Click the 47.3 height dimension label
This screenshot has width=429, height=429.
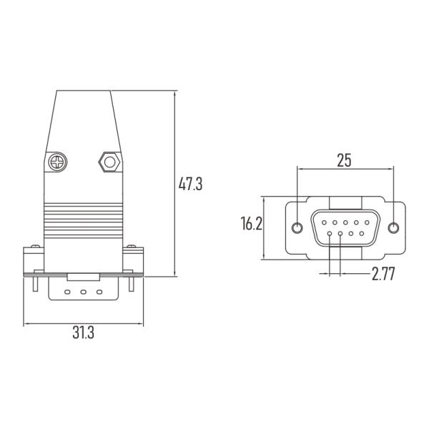(190, 184)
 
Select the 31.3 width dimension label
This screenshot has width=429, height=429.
(83, 332)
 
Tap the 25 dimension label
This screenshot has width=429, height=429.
(344, 160)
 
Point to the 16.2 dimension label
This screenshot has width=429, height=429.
(251, 224)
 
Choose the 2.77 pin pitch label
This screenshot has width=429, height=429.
(383, 274)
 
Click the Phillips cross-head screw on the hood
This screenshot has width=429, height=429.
(57, 162)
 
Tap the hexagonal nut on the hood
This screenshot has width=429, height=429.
(109, 162)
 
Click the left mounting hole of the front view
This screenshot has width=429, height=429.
(297, 228)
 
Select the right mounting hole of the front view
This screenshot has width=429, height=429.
(393, 228)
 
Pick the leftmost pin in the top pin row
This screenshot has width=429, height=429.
(324, 222)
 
